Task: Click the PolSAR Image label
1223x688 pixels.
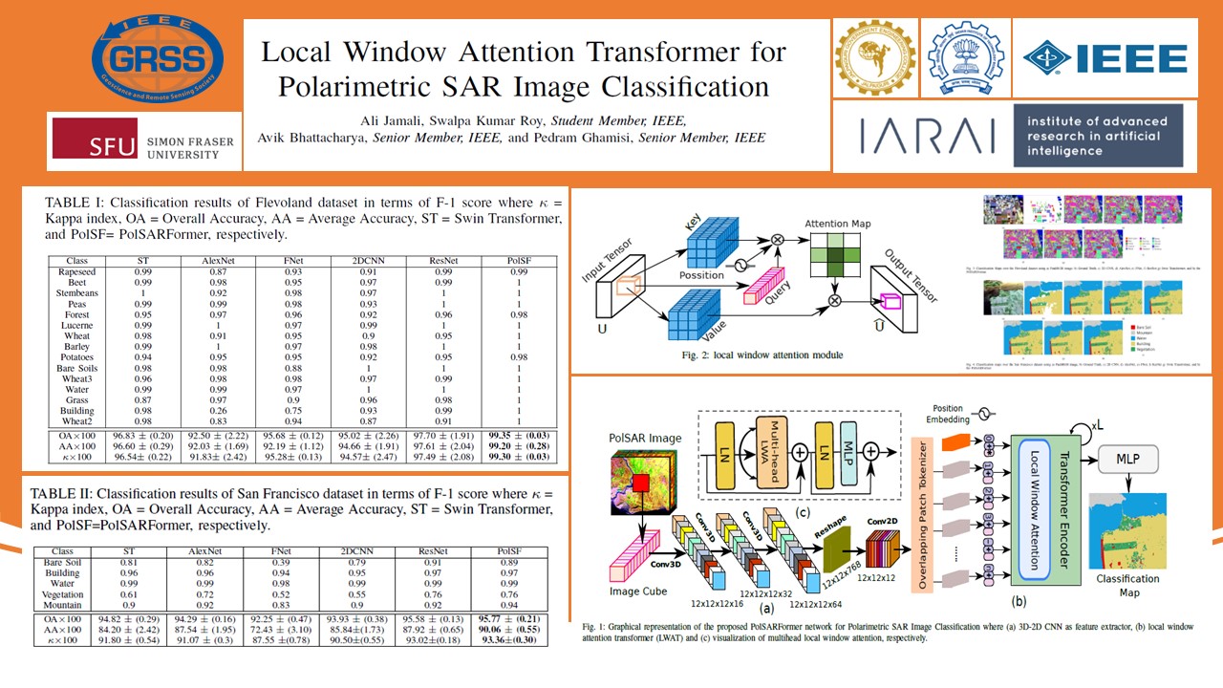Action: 646,438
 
